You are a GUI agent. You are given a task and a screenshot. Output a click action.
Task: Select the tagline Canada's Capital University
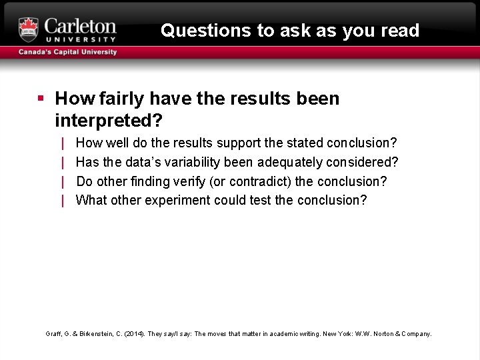(x=67, y=52)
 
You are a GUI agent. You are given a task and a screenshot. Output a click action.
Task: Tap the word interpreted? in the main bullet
(x=109, y=121)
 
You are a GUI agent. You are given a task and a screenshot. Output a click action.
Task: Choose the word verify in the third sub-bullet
(x=191, y=181)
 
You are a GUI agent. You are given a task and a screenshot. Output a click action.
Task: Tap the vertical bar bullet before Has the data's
(x=63, y=162)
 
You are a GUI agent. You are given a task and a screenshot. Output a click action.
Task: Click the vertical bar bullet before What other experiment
(x=63, y=200)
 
